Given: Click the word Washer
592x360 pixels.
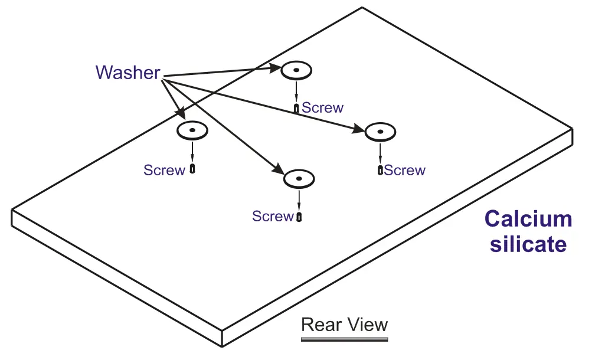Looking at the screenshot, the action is (128, 73).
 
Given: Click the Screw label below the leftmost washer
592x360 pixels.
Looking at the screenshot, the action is (164, 170).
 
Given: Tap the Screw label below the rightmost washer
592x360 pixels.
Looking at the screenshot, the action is (405, 170).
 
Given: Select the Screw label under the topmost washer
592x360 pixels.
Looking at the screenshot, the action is (323, 108).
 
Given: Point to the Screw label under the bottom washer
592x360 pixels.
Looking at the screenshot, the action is (273, 216).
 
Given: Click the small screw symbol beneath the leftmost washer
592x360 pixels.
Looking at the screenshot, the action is (192, 169).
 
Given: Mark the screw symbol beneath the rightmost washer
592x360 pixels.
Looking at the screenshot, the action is (380, 170).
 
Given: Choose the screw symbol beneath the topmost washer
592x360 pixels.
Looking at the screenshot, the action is (296, 109).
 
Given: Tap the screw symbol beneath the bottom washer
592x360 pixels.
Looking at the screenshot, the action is (299, 217).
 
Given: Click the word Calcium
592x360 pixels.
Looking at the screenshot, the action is (528, 219).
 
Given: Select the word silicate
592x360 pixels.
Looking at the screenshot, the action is (528, 244).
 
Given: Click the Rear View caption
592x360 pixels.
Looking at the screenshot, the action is (344, 325).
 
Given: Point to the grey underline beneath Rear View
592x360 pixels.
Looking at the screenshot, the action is (344, 339).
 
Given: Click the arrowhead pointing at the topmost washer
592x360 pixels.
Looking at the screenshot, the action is (276, 68).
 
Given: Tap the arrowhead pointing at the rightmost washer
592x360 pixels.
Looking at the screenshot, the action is (359, 129).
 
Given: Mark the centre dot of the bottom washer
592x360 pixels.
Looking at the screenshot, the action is (299, 178).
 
